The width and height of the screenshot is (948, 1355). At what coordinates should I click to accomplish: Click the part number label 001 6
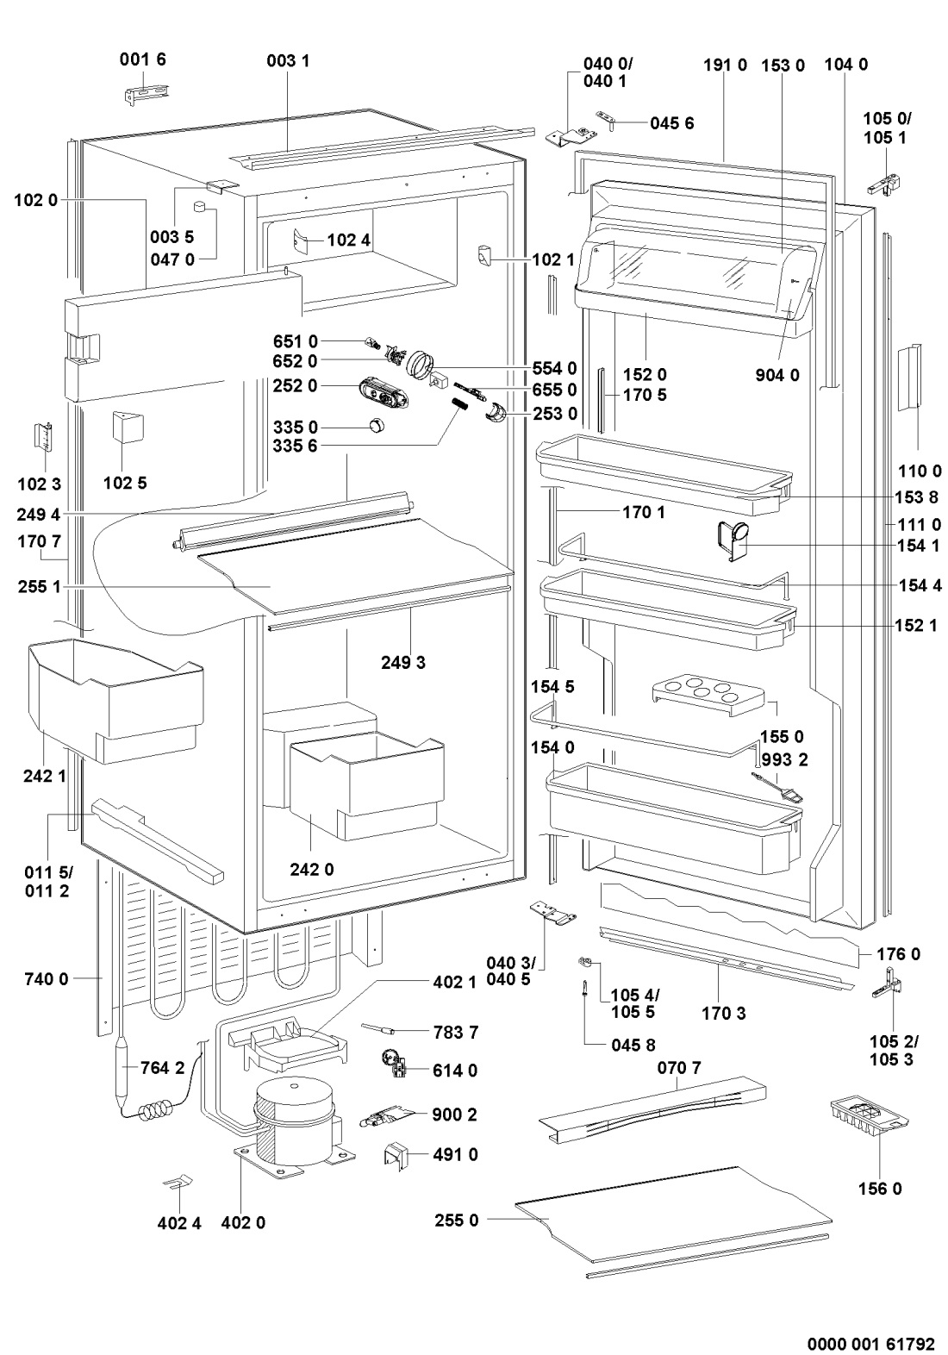coord(142,59)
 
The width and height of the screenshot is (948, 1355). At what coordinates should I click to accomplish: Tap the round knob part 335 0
coord(377,425)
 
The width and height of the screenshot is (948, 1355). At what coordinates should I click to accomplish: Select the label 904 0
coord(777,376)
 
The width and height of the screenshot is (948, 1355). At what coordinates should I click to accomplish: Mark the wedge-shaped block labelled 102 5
coord(127,428)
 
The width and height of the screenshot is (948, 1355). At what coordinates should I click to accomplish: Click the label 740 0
coord(47,978)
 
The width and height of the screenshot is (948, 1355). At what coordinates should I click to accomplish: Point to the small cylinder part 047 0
coord(200,207)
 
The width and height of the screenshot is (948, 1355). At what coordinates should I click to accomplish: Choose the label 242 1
coord(45,775)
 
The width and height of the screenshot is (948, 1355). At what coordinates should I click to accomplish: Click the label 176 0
coord(898,954)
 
